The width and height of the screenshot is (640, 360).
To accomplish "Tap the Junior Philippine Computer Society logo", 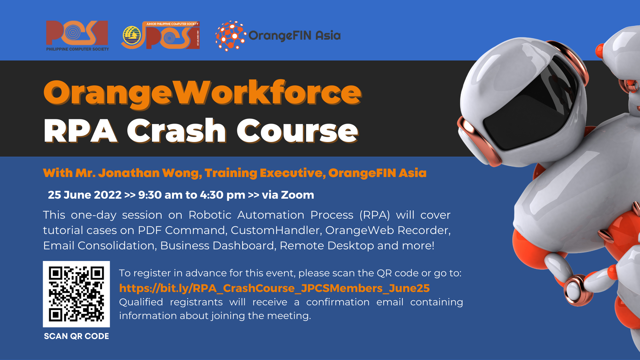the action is (x=161, y=35).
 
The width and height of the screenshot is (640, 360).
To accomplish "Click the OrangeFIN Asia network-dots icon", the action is (x=231, y=36).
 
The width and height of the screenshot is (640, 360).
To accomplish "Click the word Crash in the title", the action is (x=177, y=131).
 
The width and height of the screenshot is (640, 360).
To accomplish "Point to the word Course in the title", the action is (x=297, y=131).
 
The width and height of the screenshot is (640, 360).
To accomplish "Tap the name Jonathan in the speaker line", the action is (x=129, y=173).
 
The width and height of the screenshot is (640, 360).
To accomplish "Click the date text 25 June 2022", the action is (x=85, y=195).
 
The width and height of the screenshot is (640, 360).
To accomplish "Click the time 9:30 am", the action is (x=159, y=195).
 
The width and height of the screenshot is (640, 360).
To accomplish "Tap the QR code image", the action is (x=76, y=294).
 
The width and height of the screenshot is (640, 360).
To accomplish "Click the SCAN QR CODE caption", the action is (x=76, y=336).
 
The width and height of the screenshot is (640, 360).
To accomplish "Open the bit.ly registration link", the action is (x=274, y=288).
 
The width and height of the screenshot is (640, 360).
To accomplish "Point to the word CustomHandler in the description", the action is (x=276, y=230).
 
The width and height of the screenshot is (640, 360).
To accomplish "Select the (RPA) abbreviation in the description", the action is (x=375, y=215).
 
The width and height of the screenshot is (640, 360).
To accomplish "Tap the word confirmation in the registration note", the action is (x=338, y=302).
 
